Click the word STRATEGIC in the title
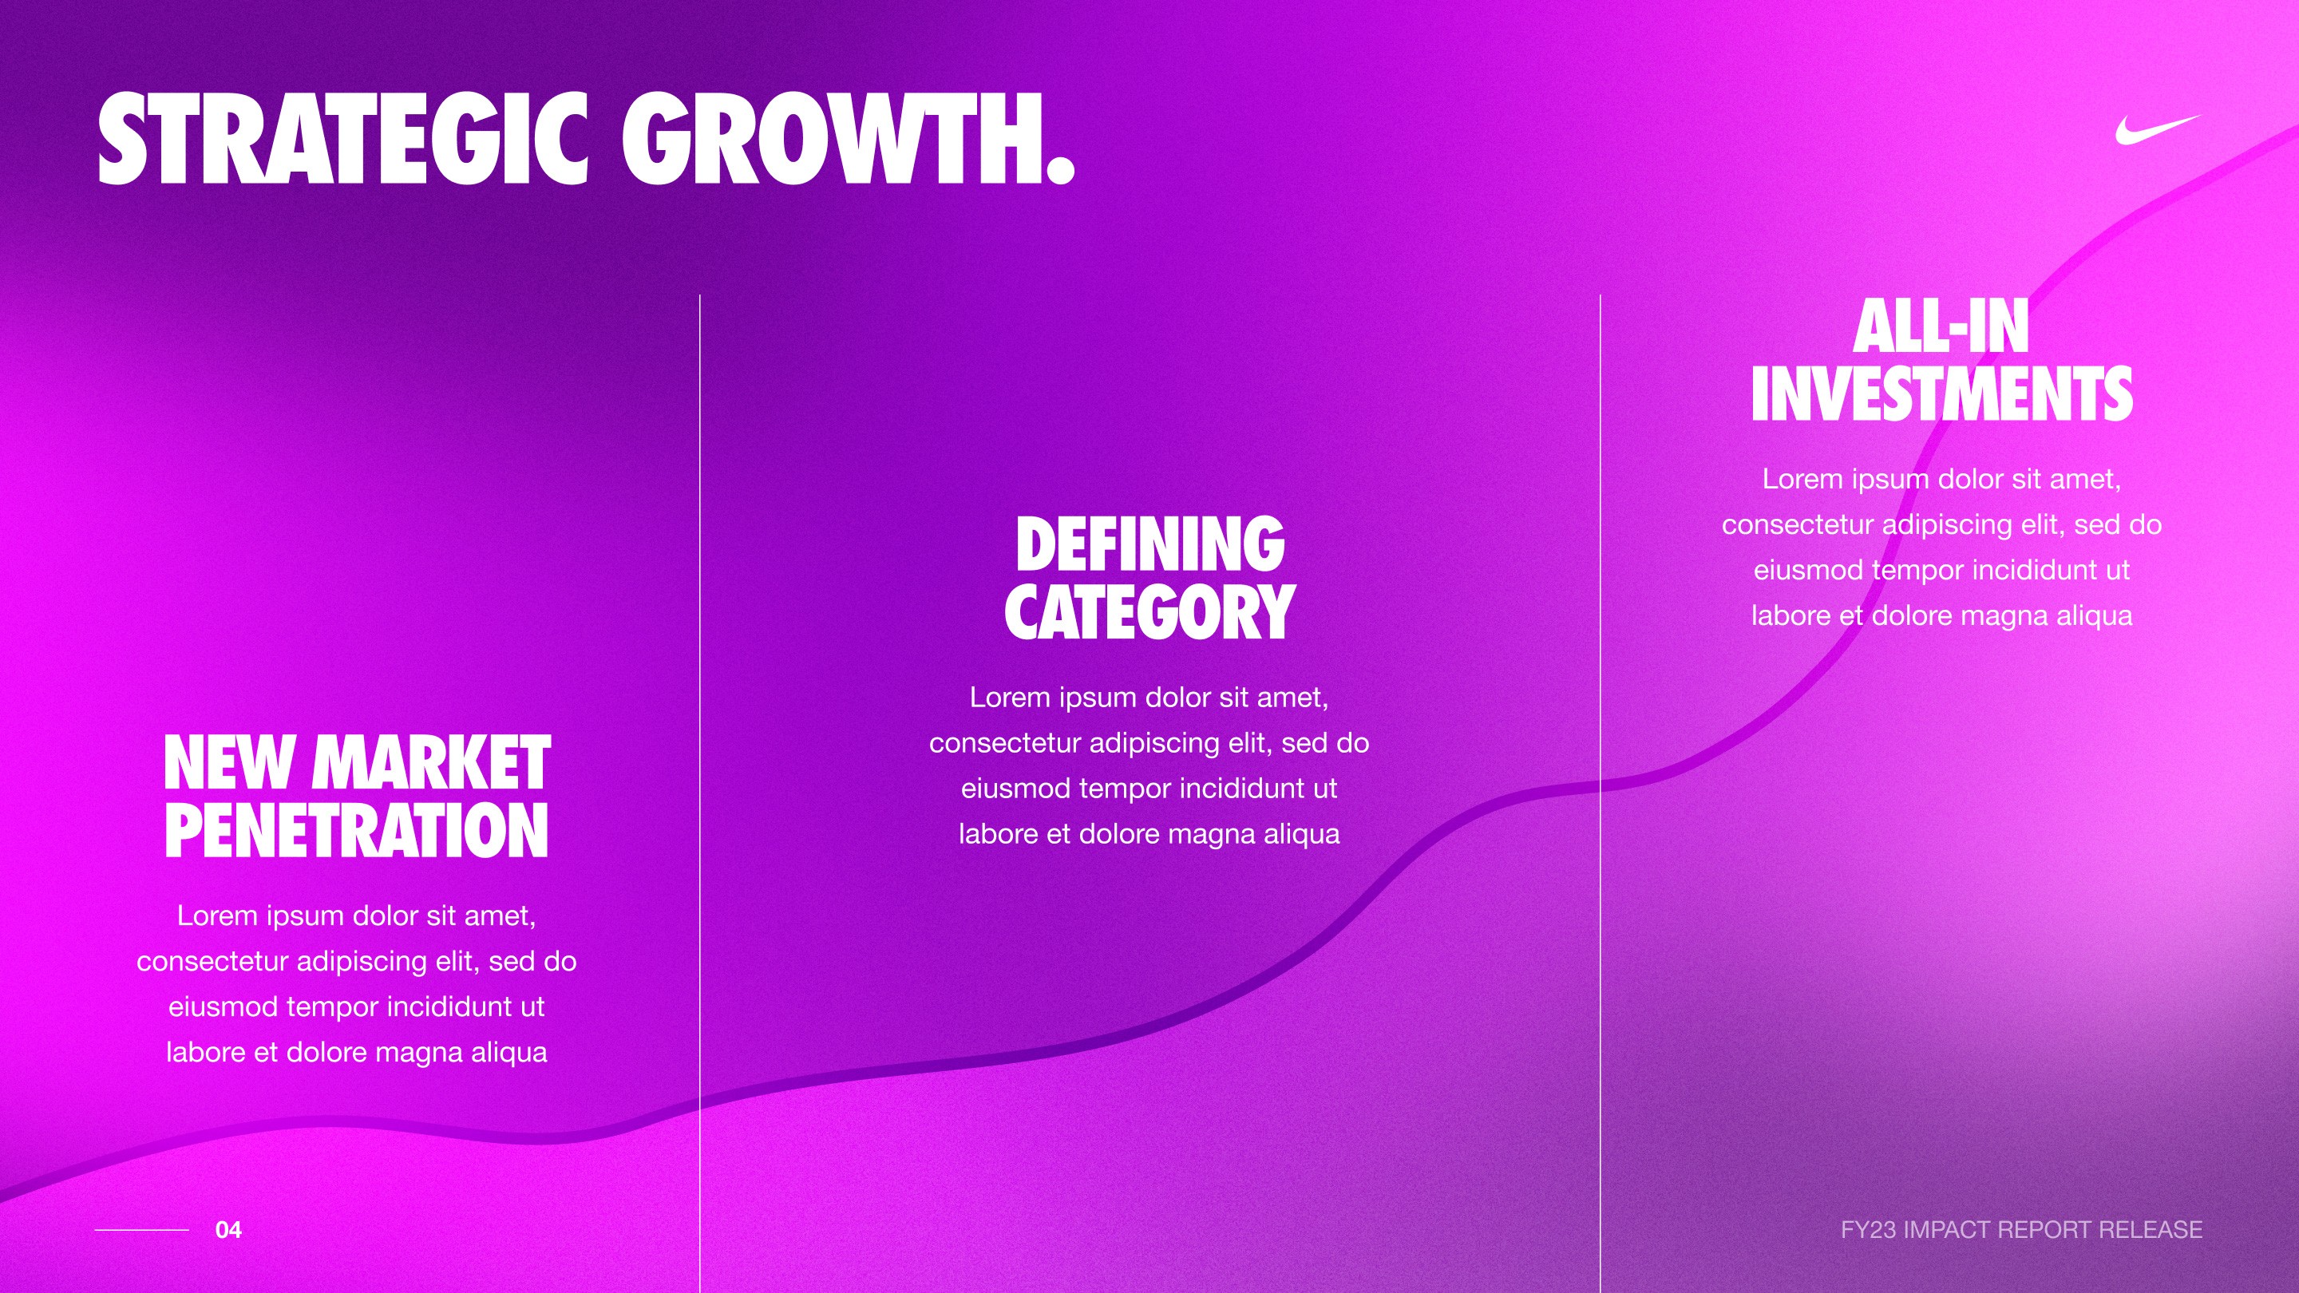(342, 140)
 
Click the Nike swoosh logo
(2155, 130)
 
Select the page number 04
(228, 1230)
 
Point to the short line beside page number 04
(141, 1230)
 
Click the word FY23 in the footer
(1868, 1230)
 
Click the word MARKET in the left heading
(431, 763)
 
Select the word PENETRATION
(356, 831)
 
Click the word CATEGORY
(1149, 612)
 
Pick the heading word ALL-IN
(1941, 326)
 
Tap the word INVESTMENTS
(1941, 394)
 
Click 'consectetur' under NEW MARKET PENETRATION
(212, 961)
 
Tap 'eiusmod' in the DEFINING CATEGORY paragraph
(1015, 789)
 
